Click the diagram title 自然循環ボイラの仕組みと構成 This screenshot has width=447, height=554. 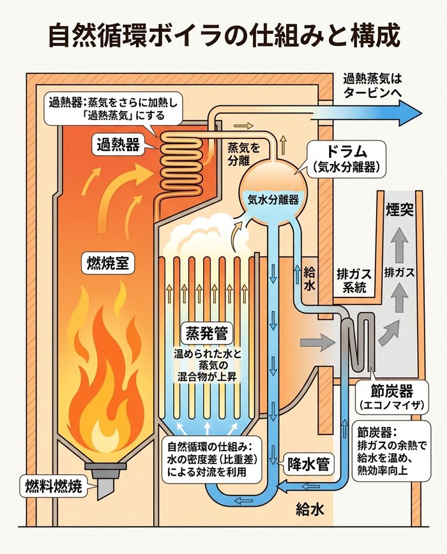tap(223, 35)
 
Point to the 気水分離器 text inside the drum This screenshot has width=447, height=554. tap(273, 199)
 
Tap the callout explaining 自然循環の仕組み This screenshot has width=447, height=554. tap(205, 460)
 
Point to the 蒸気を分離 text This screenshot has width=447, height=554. tap(244, 154)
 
